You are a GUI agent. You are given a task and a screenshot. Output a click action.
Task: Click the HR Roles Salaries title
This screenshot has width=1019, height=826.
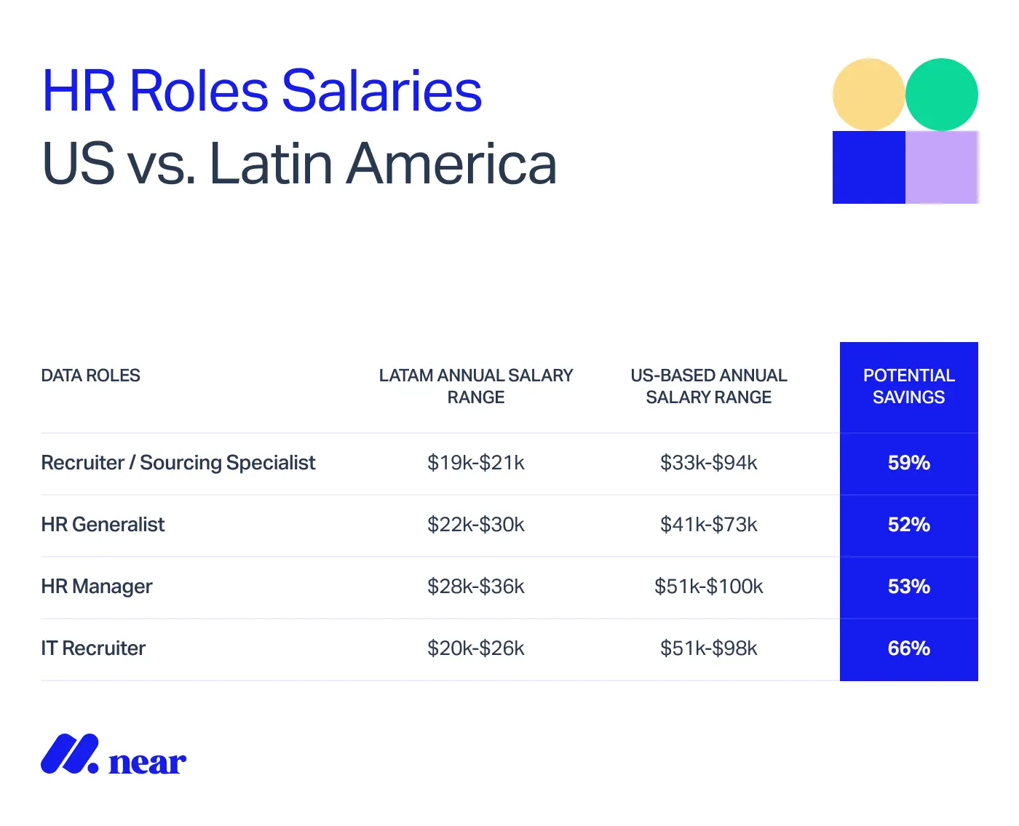(262, 91)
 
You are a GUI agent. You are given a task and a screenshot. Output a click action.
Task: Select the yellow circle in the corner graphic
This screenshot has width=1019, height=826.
(868, 95)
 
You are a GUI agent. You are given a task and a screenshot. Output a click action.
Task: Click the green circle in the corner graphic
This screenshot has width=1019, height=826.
(942, 95)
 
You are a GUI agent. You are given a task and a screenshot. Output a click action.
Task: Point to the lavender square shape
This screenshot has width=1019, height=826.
(942, 167)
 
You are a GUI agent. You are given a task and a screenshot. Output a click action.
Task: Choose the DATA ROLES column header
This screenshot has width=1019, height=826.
(90, 376)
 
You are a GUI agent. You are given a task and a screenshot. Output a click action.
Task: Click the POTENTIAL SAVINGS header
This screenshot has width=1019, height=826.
(908, 386)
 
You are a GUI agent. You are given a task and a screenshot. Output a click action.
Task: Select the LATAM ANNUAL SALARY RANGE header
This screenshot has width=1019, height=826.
(476, 386)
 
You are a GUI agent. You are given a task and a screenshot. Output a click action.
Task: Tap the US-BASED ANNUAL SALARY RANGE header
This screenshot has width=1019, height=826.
(709, 386)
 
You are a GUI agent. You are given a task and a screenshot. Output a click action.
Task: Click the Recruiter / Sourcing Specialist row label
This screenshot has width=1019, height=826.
(178, 463)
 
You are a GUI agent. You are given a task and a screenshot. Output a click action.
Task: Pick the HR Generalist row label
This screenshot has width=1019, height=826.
(103, 525)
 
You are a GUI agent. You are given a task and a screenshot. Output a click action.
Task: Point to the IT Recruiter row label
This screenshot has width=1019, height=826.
(93, 648)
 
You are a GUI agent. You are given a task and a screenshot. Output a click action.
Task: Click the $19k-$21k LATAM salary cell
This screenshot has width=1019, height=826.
(476, 463)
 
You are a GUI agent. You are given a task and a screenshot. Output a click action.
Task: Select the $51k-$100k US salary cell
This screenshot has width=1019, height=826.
(709, 587)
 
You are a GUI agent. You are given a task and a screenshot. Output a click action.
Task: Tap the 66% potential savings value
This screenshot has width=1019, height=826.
(908, 648)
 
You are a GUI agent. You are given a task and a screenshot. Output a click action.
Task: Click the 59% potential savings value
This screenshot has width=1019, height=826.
(908, 463)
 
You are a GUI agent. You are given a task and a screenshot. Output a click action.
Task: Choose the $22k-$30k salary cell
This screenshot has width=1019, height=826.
(476, 525)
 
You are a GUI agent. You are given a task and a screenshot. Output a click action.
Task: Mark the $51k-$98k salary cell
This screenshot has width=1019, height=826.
(709, 648)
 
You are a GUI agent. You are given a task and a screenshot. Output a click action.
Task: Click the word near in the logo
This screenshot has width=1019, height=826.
(147, 763)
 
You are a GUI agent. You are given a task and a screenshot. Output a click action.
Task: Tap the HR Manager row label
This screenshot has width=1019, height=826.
(97, 587)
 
